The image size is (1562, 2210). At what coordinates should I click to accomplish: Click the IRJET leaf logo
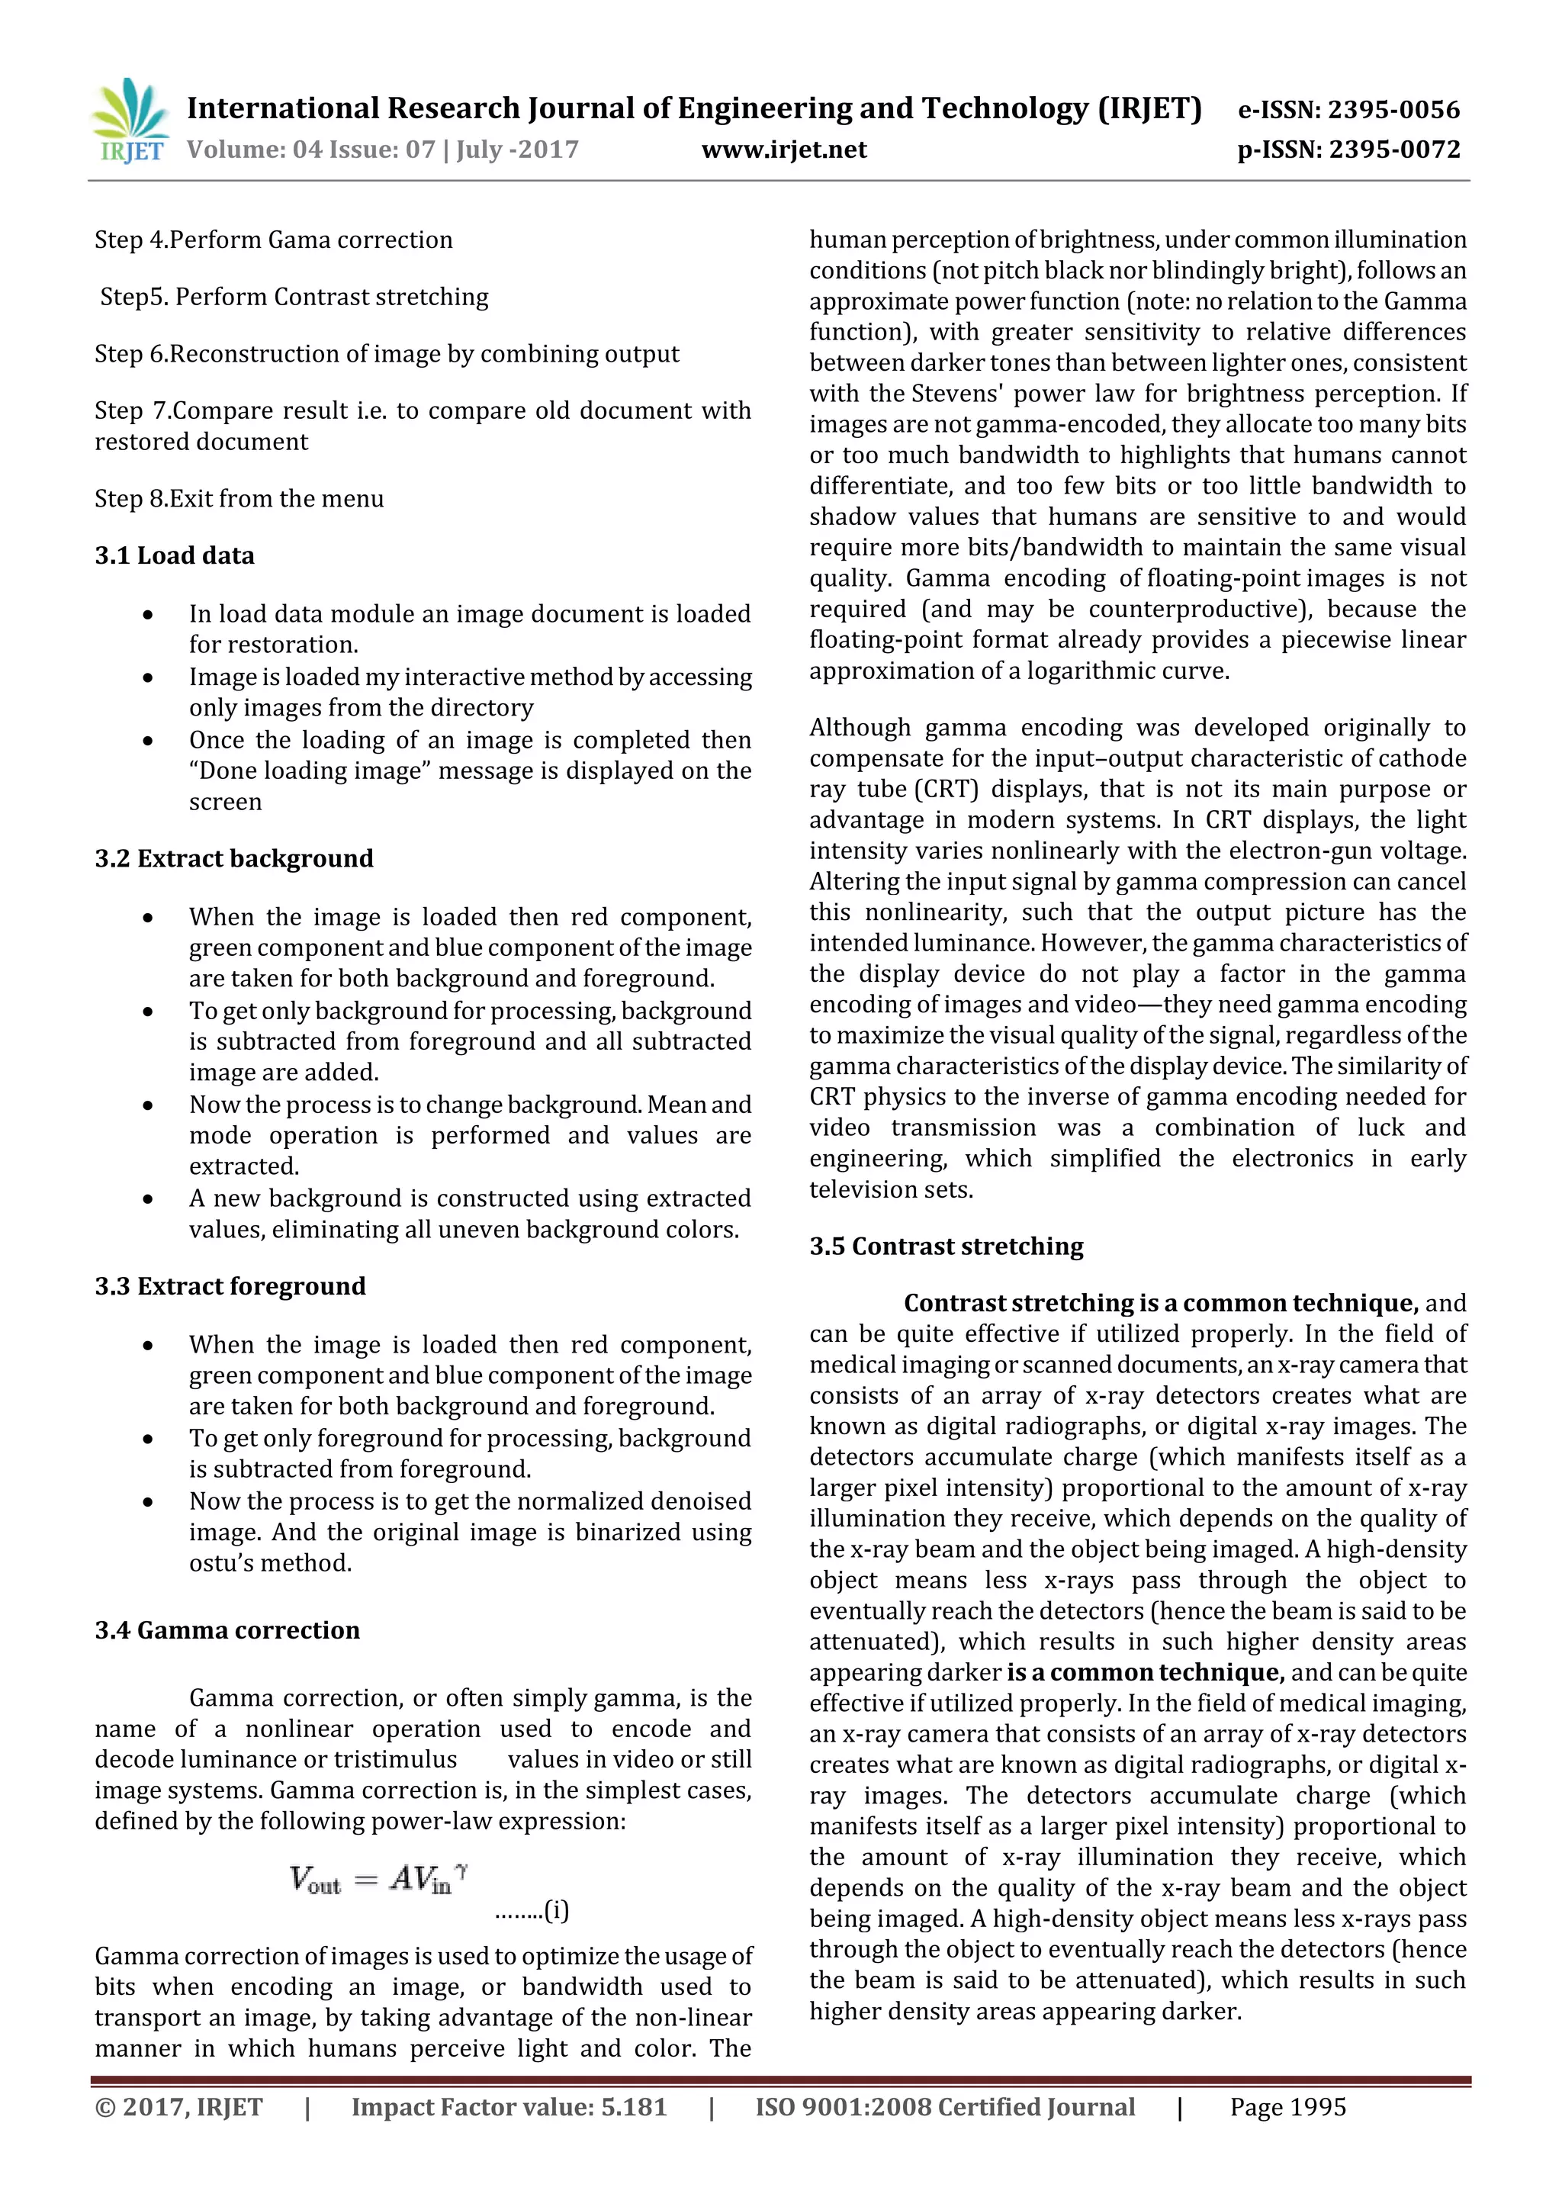pyautogui.click(x=129, y=121)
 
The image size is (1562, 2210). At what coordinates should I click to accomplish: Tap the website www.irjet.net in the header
pyautogui.click(x=783, y=150)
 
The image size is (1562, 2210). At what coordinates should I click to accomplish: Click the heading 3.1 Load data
pyautogui.click(x=174, y=555)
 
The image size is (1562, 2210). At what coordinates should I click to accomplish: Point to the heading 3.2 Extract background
pyautogui.click(x=234, y=858)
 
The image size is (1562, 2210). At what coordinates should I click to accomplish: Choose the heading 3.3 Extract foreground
pyautogui.click(x=230, y=1286)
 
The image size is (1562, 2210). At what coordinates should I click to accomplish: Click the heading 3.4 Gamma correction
pyautogui.click(x=227, y=1629)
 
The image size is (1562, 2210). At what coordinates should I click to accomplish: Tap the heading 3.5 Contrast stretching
pyautogui.click(x=945, y=1246)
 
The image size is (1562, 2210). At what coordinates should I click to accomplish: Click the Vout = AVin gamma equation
pyautogui.click(x=378, y=1878)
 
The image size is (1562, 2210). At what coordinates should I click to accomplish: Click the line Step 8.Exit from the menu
pyautogui.click(x=239, y=499)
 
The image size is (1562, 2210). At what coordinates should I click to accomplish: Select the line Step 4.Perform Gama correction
pyautogui.click(x=273, y=240)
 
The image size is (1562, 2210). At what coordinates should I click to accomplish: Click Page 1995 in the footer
pyautogui.click(x=1287, y=2107)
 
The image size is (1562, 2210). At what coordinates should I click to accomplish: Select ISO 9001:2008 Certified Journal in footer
pyautogui.click(x=944, y=2107)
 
